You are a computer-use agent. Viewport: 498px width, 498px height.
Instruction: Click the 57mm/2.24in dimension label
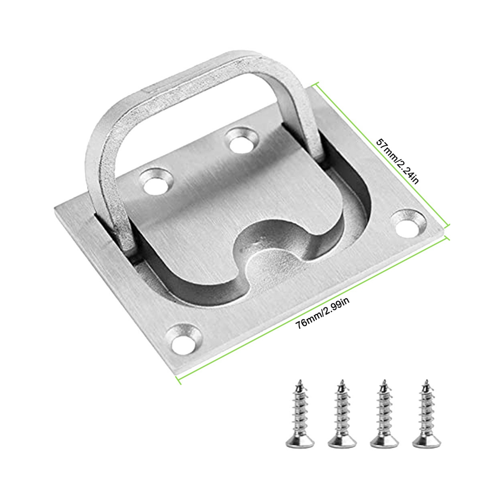(x=397, y=160)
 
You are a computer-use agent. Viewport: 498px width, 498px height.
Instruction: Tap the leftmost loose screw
(x=300, y=413)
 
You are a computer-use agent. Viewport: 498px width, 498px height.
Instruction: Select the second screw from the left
(x=342, y=413)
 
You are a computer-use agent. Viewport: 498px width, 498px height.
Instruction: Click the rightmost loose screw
(x=427, y=413)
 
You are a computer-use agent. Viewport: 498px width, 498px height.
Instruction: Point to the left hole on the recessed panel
(x=157, y=182)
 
